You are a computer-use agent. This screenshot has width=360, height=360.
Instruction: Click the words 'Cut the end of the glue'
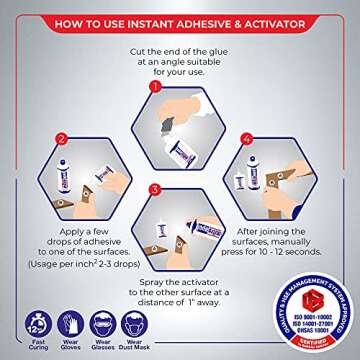(x=179, y=49)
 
